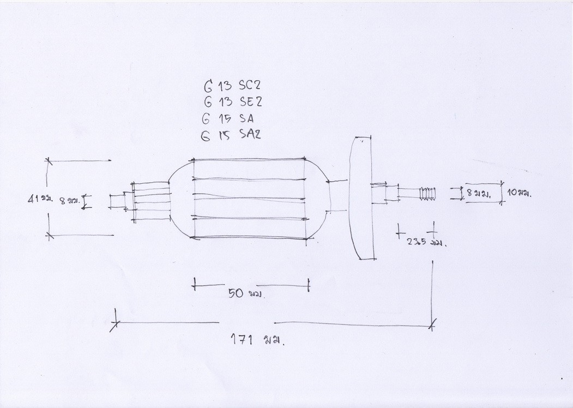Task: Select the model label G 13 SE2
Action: click(x=232, y=102)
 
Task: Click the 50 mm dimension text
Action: click(x=245, y=293)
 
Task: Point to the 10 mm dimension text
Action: click(x=519, y=193)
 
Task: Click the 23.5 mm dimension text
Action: click(x=426, y=242)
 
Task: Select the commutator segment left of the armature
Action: click(x=150, y=201)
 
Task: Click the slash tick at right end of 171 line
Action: click(x=432, y=325)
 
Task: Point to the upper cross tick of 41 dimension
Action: click(x=49, y=161)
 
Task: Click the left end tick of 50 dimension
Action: click(x=194, y=284)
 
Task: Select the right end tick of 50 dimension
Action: click(x=309, y=284)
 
